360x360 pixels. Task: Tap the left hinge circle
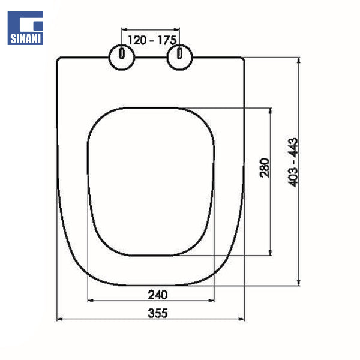[122, 56]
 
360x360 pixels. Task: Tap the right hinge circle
[178, 56]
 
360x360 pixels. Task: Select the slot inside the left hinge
[122, 55]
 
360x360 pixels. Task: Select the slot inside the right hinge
[178, 55]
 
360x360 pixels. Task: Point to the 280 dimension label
[265, 169]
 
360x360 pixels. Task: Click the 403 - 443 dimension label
[293, 162]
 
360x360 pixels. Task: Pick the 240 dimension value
[157, 294]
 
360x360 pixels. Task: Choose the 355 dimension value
[157, 313]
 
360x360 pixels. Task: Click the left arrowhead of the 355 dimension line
[59, 319]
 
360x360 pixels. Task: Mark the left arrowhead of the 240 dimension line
[91, 300]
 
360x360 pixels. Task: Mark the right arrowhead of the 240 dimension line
[212, 300]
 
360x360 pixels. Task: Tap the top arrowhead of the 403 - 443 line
[299, 59]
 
